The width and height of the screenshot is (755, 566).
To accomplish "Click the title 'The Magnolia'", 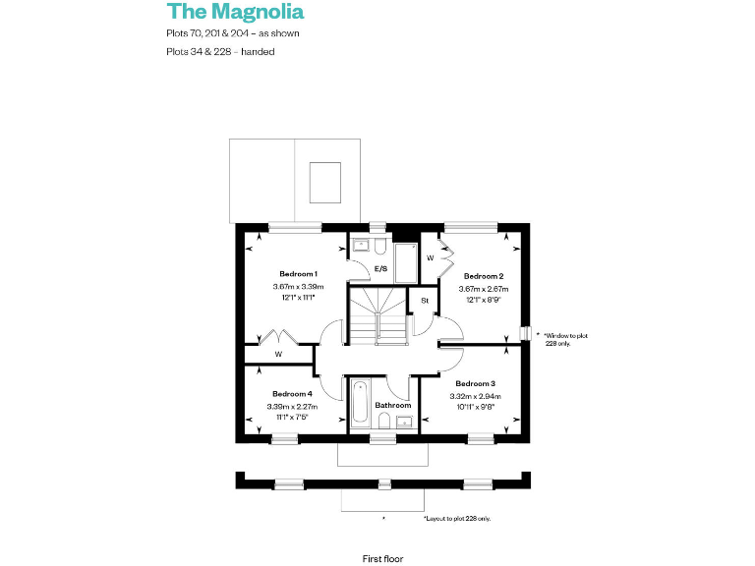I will click(x=235, y=12).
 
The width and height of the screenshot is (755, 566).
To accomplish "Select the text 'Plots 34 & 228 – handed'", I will click(x=220, y=51).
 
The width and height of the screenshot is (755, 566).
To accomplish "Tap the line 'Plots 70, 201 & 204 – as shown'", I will click(x=233, y=33).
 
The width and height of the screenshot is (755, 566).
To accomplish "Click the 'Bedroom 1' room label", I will click(x=298, y=273).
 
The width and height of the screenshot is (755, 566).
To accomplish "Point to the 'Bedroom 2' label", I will click(x=484, y=276).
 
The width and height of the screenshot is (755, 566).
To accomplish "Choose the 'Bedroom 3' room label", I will click(x=476, y=382).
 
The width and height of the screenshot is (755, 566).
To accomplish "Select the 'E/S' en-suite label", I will click(x=380, y=268).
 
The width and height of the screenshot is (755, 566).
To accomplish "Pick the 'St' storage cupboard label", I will click(x=425, y=300).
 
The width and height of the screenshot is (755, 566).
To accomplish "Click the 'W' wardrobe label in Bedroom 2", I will click(x=431, y=257).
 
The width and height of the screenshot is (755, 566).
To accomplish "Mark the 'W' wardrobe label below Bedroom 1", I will click(x=278, y=354).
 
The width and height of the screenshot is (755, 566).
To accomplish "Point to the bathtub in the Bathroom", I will click(x=361, y=403).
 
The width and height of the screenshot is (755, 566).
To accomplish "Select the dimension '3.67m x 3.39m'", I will click(x=298, y=286).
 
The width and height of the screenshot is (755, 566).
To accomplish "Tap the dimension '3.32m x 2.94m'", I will click(x=476, y=394).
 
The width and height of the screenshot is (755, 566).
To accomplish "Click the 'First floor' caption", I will click(x=382, y=558).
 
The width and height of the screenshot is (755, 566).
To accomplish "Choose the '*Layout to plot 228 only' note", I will click(x=457, y=518).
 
